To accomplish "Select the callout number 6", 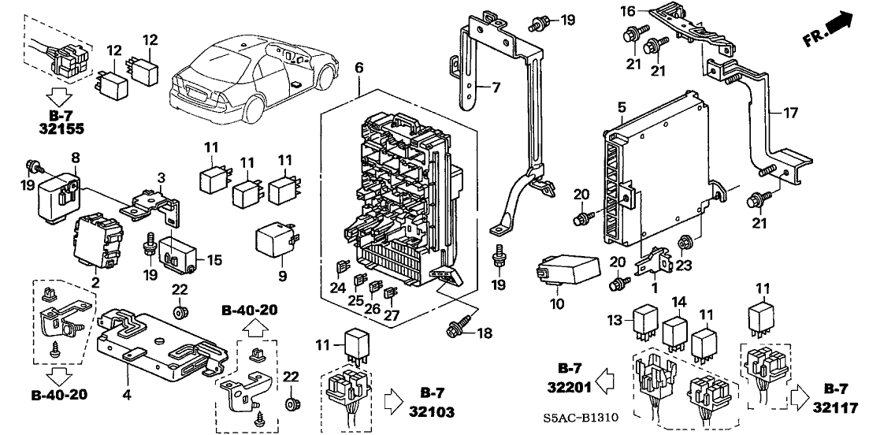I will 359,69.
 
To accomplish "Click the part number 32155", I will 54,127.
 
